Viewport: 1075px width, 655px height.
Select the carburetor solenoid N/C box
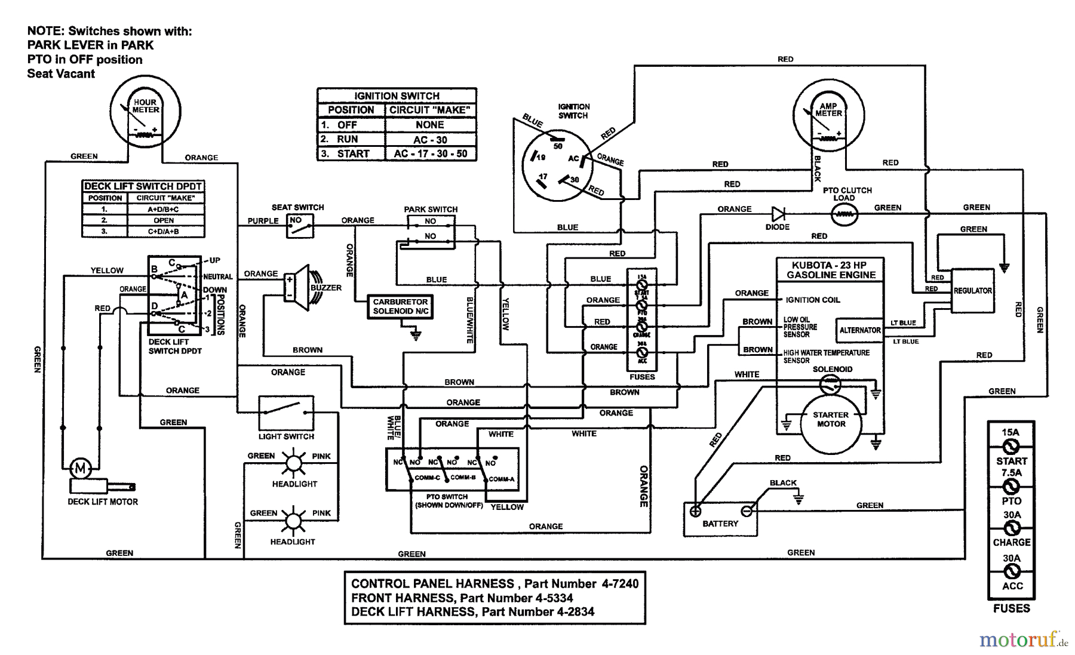tap(400, 307)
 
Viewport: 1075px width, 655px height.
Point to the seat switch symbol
tap(300, 226)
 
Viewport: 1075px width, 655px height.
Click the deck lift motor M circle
tap(81, 466)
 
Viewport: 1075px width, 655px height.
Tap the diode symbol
tap(778, 213)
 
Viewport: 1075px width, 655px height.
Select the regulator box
tap(972, 291)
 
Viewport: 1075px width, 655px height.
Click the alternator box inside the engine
tap(859, 330)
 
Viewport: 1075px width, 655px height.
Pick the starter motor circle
tap(831, 420)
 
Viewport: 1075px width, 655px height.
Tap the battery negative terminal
tap(746, 511)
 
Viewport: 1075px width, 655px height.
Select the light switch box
tap(286, 412)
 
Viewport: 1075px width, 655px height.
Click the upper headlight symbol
tap(293, 463)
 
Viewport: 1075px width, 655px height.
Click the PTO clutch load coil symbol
tap(844, 213)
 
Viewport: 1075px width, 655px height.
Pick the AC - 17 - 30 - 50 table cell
tap(430, 153)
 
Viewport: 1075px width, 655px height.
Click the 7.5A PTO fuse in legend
tap(1011, 486)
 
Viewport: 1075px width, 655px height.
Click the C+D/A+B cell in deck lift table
tap(165, 231)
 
